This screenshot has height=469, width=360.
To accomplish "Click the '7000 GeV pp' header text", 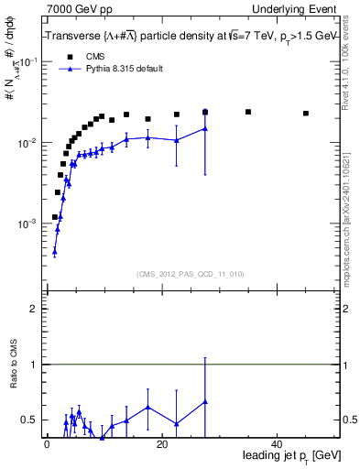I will tap(75, 8).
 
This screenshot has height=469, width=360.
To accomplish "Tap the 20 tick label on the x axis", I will tap(161, 444).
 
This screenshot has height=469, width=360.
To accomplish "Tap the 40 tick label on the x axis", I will tap(277, 444).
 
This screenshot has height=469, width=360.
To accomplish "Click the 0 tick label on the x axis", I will tap(47, 444).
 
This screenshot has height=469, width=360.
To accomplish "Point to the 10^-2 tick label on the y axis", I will tap(27, 143).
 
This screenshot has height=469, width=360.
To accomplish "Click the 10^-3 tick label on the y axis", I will tap(27, 224).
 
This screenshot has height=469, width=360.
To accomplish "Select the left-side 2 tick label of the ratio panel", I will tap(32, 310).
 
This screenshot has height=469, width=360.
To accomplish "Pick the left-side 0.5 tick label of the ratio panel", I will tap(29, 420).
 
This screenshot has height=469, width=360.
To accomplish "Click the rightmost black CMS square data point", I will tap(306, 114).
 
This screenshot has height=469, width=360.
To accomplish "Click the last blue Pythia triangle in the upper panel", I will tap(205, 128).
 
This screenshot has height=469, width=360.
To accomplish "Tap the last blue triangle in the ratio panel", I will tap(205, 401).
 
